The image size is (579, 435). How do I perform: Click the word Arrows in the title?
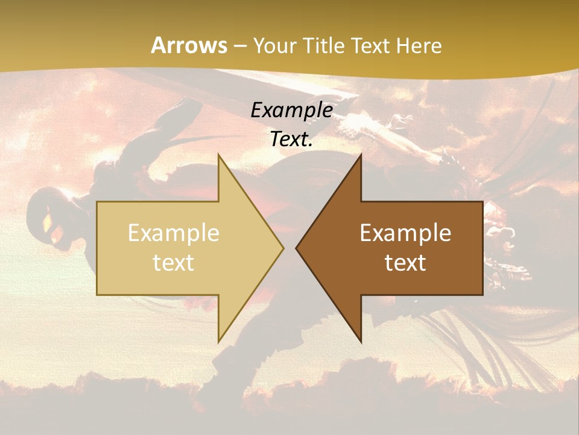[x=189, y=45]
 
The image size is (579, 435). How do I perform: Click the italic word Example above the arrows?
[x=291, y=110]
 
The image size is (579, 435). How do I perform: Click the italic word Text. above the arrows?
[x=291, y=140]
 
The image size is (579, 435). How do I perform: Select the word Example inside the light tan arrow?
[x=174, y=233]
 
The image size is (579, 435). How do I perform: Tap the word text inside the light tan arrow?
[x=174, y=263]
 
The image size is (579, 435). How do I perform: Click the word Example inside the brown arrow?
[x=405, y=233]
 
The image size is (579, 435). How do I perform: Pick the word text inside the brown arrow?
[x=405, y=263]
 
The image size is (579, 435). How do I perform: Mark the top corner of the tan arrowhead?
[x=219, y=155]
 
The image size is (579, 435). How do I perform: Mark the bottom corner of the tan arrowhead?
[x=219, y=341]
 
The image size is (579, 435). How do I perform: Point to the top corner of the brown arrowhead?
[x=360, y=155]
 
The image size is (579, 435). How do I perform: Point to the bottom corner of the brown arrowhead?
[x=360, y=341]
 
